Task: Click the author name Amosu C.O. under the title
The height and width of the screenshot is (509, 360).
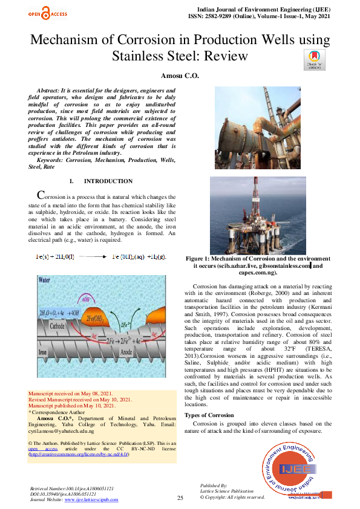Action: pos(180,76)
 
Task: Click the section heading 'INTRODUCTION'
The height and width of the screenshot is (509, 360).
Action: pos(108,181)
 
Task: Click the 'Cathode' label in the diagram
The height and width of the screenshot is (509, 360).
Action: pos(58,325)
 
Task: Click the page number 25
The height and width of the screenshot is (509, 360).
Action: pos(180,498)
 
